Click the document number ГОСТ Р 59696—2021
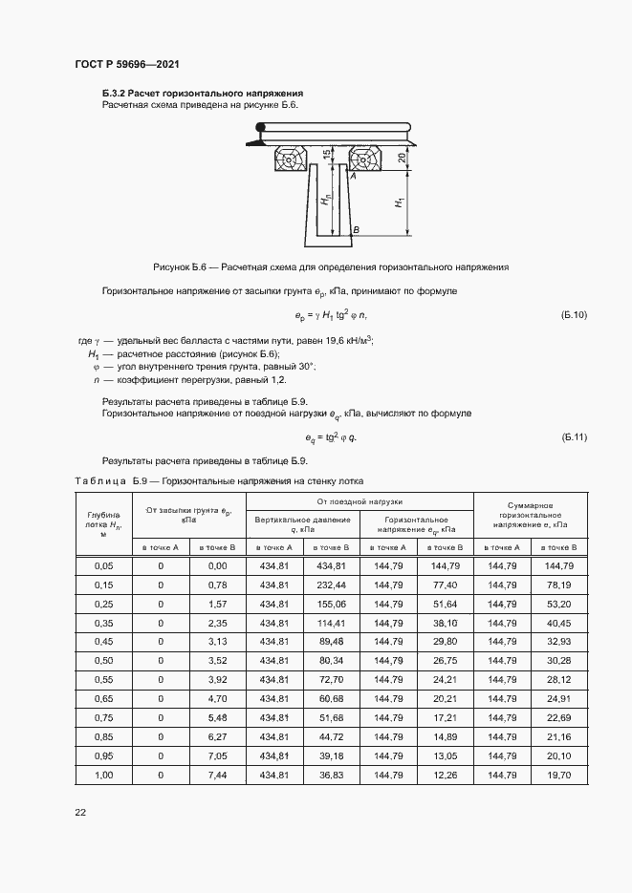click(x=127, y=64)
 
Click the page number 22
click(x=80, y=812)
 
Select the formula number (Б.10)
click(x=574, y=314)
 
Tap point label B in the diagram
click(x=355, y=231)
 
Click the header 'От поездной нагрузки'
click(x=360, y=501)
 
